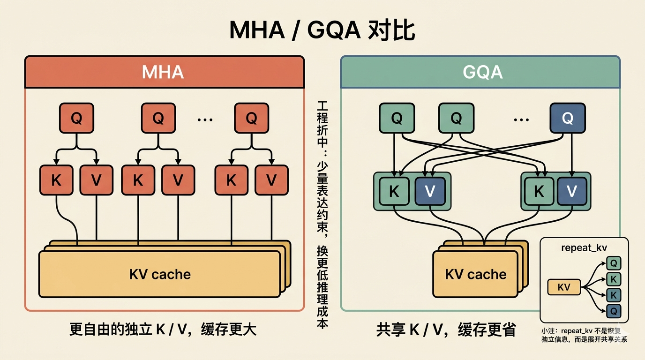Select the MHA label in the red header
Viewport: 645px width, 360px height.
coord(163,72)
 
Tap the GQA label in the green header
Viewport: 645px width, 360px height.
coord(482,72)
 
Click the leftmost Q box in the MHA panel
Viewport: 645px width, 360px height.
coord(76,118)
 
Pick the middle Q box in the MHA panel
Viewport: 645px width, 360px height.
coord(158,118)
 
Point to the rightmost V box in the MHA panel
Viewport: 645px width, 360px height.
coord(271,180)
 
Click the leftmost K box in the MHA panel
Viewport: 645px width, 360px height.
coord(56,180)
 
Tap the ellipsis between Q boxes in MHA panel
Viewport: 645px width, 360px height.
coord(205,120)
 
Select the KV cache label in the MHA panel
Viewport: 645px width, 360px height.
coord(160,274)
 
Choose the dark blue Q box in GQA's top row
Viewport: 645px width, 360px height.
coord(567,119)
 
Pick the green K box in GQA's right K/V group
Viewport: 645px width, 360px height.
coord(539,191)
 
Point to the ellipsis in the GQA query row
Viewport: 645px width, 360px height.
coord(521,120)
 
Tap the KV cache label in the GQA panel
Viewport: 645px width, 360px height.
coord(476,274)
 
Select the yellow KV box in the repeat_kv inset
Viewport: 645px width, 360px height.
coord(564,286)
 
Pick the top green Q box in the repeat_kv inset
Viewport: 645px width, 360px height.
coord(614,263)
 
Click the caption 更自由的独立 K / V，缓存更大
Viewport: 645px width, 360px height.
coord(163,330)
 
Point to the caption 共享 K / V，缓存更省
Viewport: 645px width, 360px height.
coord(446,330)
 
